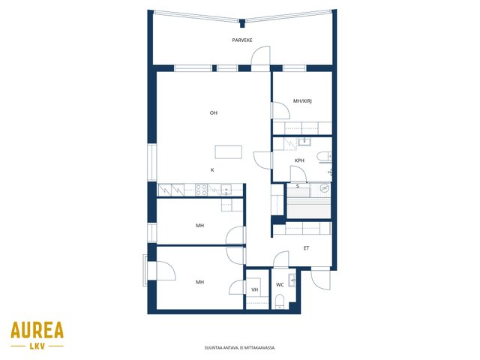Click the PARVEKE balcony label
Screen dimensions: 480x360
242,40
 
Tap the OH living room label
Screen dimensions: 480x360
213,113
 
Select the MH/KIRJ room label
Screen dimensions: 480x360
302,101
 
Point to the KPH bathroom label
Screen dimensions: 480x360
299,160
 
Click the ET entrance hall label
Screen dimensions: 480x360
306,248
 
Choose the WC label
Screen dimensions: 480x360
280,285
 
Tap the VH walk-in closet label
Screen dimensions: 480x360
254,289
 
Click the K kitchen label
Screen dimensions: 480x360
212,170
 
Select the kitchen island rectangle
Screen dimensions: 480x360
228,152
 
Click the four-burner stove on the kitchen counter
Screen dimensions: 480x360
202,190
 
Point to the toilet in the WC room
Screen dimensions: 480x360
280,301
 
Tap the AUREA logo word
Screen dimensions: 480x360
37,330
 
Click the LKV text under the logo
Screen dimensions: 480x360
37,346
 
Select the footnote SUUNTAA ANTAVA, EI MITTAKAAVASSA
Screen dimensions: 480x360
240,348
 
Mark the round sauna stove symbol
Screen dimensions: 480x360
324,187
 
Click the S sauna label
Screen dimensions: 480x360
297,186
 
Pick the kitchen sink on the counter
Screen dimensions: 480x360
226,190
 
